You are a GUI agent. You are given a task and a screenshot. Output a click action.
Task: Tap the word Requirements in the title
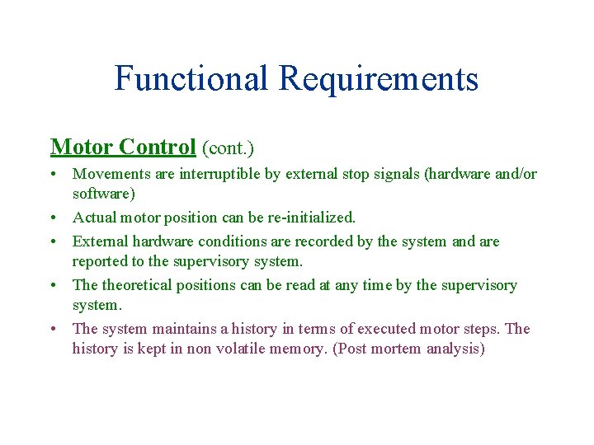click(378, 79)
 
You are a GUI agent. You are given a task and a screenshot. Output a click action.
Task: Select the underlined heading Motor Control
click(123, 147)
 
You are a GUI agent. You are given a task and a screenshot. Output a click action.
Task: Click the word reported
click(100, 261)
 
